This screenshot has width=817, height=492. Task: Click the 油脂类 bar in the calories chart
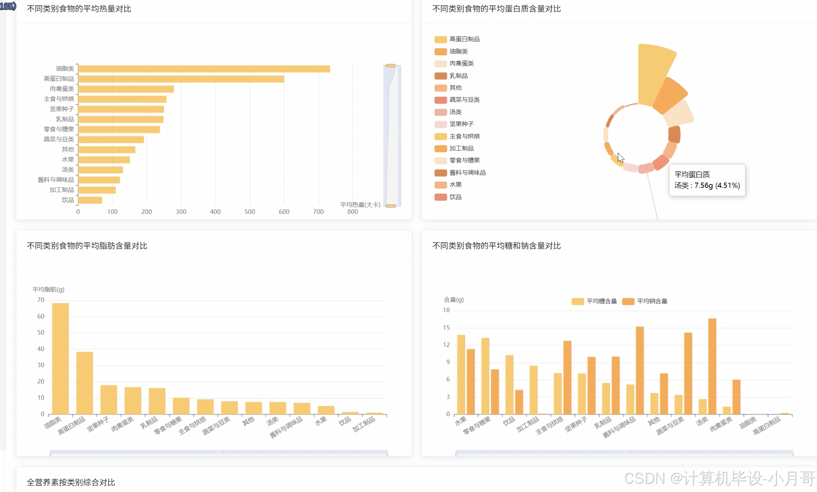pyautogui.click(x=204, y=69)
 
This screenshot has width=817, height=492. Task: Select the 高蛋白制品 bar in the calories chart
pyautogui.click(x=181, y=79)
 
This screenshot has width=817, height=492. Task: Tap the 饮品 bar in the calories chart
pyautogui.click(x=90, y=200)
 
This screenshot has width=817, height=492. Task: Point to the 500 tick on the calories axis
pyautogui.click(x=250, y=212)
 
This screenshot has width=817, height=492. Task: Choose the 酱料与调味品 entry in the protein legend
pyautogui.click(x=460, y=173)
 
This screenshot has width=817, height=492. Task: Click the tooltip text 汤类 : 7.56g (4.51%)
pyautogui.click(x=707, y=186)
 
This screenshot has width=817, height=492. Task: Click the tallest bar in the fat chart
pyautogui.click(x=60, y=359)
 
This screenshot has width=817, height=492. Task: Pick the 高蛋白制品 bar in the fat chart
pyautogui.click(x=85, y=383)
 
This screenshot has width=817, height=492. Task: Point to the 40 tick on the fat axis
pyautogui.click(x=41, y=349)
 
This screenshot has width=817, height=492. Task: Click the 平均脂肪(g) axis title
pyautogui.click(x=48, y=290)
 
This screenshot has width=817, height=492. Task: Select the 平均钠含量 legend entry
pyautogui.click(x=645, y=301)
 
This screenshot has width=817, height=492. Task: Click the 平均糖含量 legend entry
pyautogui.click(x=594, y=301)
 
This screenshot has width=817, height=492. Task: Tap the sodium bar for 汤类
pyautogui.click(x=712, y=366)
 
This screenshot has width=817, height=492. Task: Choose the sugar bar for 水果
pyautogui.click(x=461, y=374)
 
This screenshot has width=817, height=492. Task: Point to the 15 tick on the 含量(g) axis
pyautogui.click(x=446, y=328)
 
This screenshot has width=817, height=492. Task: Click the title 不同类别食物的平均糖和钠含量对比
pyautogui.click(x=497, y=246)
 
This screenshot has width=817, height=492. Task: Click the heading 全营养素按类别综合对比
pyautogui.click(x=71, y=483)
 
